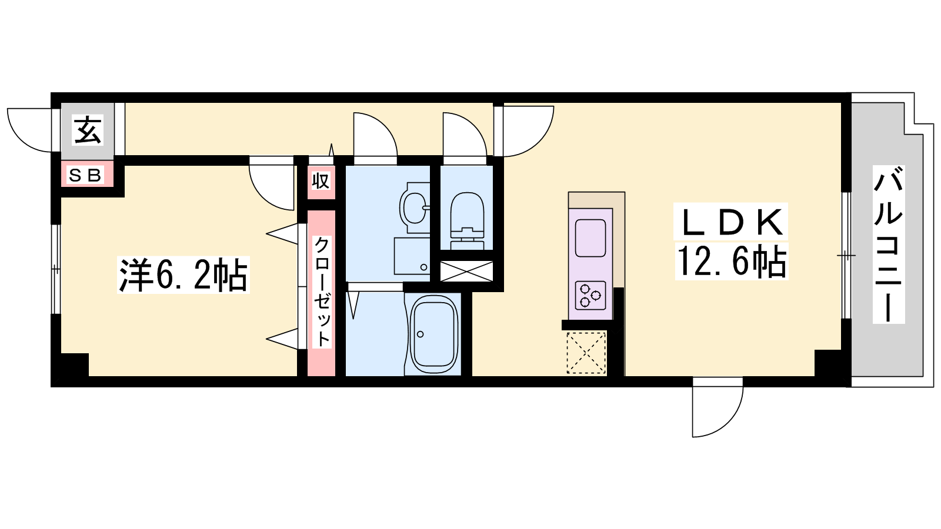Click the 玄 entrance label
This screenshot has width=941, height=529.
point(88,130)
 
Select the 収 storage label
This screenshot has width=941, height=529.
point(321,182)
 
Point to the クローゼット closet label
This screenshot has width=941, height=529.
point(322,292)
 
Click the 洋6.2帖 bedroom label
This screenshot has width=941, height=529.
point(183,274)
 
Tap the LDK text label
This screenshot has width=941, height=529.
point(730,221)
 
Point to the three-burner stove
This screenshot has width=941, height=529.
point(590,295)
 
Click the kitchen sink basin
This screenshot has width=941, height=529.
point(590,238)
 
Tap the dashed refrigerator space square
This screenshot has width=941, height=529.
point(586,353)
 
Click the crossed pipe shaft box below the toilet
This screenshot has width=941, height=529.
point(466,271)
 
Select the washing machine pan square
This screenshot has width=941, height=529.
point(412,256)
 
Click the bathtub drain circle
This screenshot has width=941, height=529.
point(420,334)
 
